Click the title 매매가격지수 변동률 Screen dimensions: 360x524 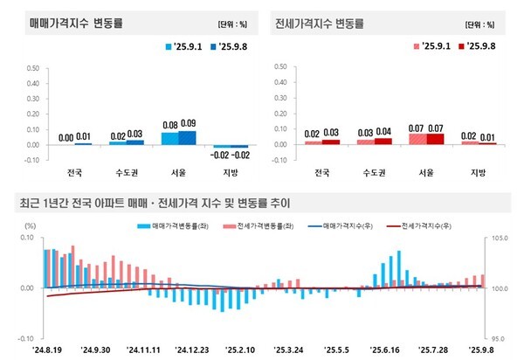(x=70, y=23)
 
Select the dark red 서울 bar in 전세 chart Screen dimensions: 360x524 (x=434, y=138)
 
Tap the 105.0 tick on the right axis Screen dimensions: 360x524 (x=497, y=237)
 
